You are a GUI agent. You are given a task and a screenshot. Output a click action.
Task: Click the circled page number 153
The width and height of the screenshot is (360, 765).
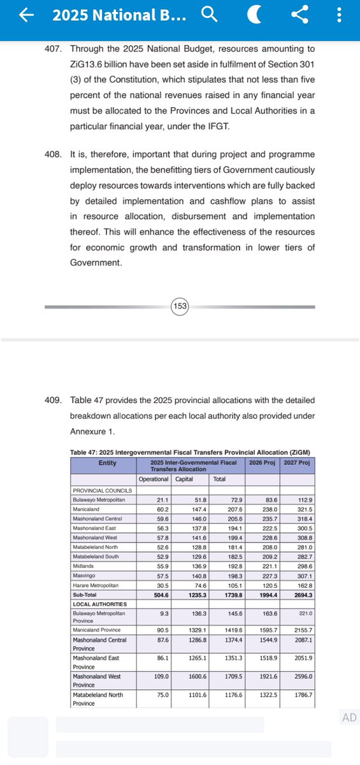click(180, 307)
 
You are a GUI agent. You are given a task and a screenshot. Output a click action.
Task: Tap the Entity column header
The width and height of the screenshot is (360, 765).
click(103, 463)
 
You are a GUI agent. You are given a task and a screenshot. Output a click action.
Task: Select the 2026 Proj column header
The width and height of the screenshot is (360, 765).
click(263, 463)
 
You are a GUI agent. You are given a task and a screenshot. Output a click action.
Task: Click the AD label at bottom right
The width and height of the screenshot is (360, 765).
click(349, 718)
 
